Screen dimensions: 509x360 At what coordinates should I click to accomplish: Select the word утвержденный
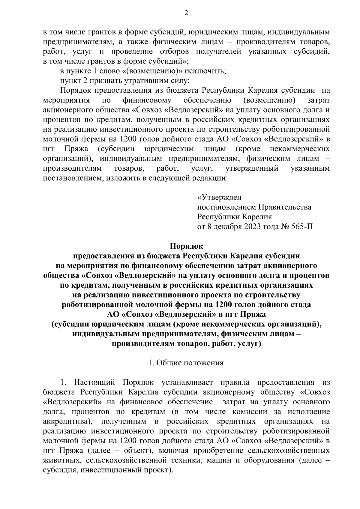coord(252,169)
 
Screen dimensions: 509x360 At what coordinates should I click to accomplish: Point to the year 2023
coord(256,226)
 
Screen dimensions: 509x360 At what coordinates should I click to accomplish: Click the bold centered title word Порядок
coord(186,246)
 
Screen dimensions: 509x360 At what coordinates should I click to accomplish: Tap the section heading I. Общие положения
coord(186,363)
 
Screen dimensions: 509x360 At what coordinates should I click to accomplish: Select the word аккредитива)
coord(67,421)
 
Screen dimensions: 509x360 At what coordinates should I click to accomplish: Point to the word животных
coord(61,460)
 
